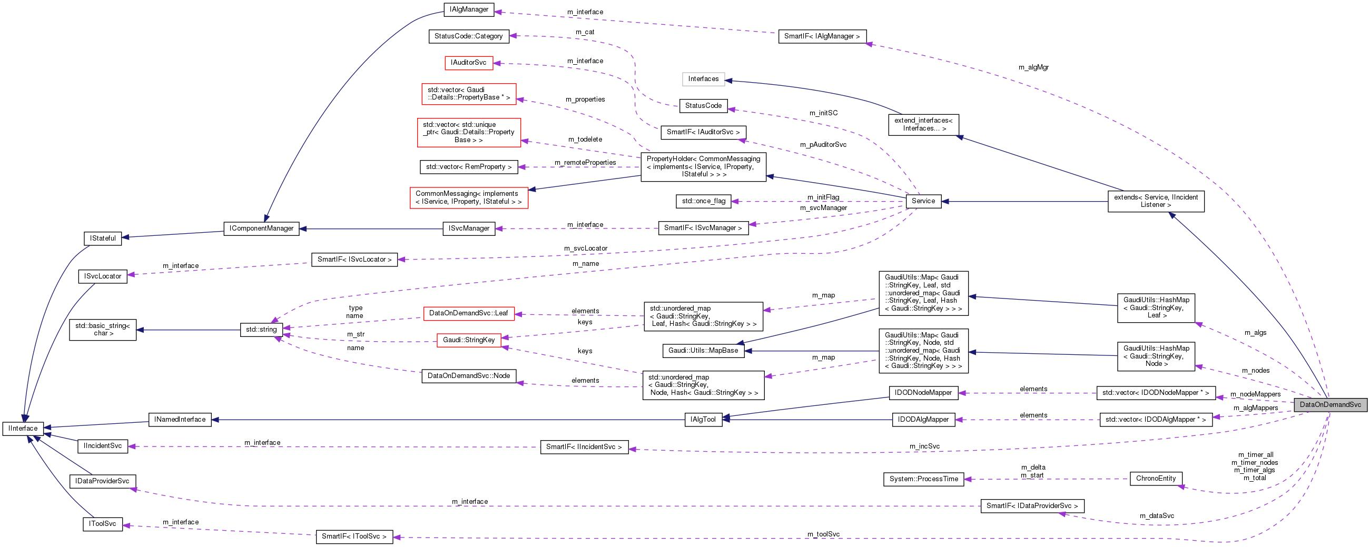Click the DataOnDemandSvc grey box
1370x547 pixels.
[1329, 404]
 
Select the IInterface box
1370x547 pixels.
[23, 429]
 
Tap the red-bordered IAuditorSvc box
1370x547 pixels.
[469, 63]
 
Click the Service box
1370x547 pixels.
[923, 201]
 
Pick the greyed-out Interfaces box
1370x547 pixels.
[703, 79]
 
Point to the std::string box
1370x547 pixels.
[261, 330]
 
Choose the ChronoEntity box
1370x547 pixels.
[1156, 479]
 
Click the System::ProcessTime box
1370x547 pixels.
[923, 479]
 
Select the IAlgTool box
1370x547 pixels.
[703, 420]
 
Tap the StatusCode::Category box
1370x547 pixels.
[469, 36]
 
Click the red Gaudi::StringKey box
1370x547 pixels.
[469, 340]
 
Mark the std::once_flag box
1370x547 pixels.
[703, 201]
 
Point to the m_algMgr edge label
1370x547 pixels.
[1033, 67]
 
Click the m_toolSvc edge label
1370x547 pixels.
[823, 534]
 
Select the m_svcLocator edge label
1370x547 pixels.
[586, 248]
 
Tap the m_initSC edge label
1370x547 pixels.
[823, 113]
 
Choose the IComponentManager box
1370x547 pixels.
[261, 228]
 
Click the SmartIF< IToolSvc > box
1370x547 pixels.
[354, 536]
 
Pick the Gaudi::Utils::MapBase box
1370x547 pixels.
[703, 350]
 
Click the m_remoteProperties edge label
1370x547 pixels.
[585, 163]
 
